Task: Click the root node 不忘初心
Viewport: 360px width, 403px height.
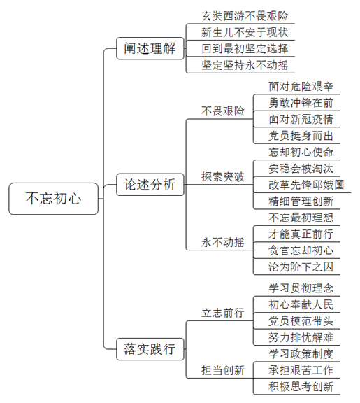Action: [53, 199]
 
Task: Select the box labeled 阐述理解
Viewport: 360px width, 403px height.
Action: [150, 48]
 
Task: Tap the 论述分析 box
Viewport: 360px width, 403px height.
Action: [150, 185]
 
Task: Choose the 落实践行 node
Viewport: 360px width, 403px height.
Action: [150, 349]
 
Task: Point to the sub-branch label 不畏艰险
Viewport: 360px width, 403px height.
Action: [222, 111]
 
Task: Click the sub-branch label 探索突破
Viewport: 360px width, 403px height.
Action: [222, 177]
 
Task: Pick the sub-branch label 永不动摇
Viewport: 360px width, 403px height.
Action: [222, 242]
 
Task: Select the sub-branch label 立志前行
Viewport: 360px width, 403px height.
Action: [222, 313]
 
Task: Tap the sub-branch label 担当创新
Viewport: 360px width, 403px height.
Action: [222, 370]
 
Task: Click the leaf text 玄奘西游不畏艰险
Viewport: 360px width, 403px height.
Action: [245, 16]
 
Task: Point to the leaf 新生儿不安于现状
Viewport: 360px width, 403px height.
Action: [245, 32]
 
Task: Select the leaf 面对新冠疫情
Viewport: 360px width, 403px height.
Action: [301, 119]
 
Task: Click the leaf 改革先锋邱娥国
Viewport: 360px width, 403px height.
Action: [306, 185]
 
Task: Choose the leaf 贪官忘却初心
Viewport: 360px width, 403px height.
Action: [301, 250]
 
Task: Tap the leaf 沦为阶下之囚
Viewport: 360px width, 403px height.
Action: [301, 267]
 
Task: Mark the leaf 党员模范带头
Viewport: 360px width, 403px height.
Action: [301, 321]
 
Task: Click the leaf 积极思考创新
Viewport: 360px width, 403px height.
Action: [301, 386]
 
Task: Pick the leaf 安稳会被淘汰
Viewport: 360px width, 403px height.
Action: [301, 169]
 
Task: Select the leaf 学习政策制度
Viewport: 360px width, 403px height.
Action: [301, 354]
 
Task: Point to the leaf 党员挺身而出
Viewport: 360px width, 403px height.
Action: [301, 136]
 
